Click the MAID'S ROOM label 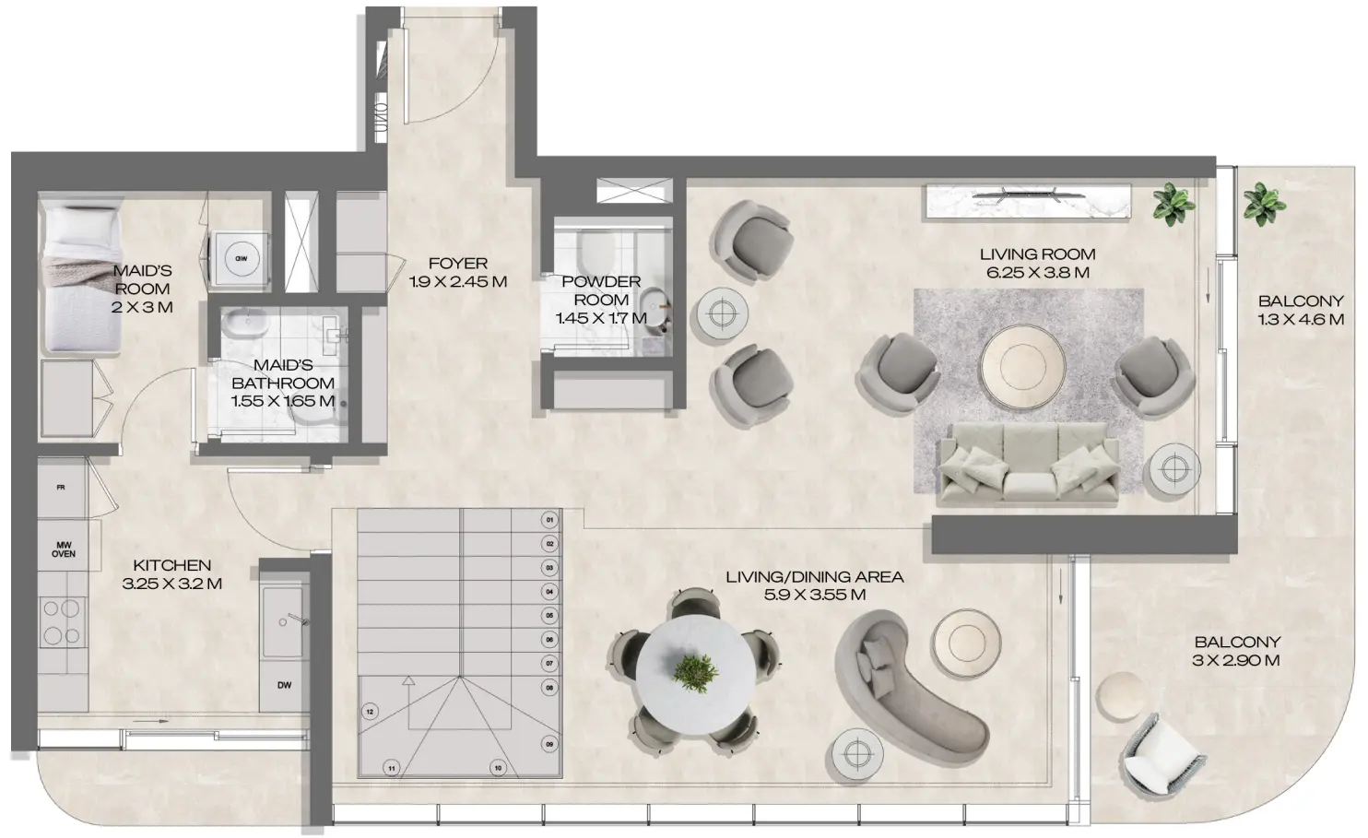point(142,279)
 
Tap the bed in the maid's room point(81,279)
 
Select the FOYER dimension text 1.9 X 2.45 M point(457,282)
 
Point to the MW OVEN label point(64,549)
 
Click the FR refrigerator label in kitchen point(61,487)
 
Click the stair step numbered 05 point(549,615)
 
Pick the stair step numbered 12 point(370,712)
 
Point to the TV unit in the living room point(1029,202)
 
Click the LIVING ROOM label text point(1037,254)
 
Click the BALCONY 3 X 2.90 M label point(1237,651)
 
